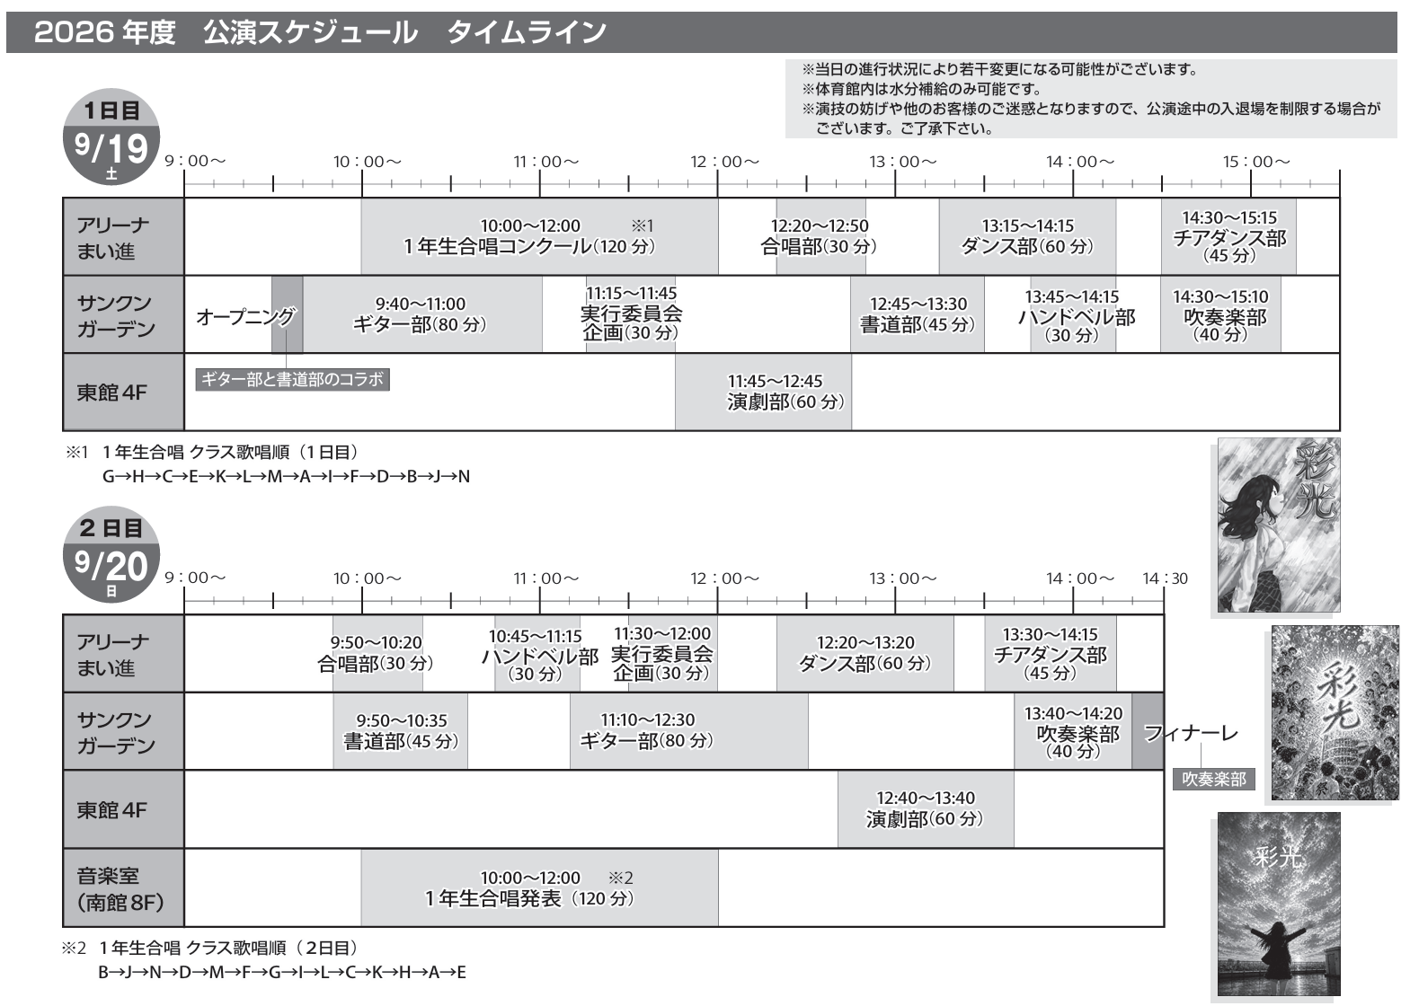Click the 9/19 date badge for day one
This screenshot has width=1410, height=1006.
click(x=111, y=137)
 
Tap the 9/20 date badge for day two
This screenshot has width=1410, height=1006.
click(x=111, y=554)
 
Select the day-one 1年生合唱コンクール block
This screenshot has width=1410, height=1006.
click(x=539, y=236)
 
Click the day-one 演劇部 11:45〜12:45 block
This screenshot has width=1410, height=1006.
click(x=764, y=392)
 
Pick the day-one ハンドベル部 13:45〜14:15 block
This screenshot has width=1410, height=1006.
click(x=1073, y=314)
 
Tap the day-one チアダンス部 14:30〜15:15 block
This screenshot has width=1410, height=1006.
click(x=1228, y=236)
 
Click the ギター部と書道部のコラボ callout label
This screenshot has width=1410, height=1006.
click(x=293, y=379)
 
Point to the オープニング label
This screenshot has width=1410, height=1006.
click(x=245, y=316)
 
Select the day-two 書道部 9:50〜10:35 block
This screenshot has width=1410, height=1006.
click(x=400, y=731)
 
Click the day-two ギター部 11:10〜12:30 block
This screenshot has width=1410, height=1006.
click(x=689, y=731)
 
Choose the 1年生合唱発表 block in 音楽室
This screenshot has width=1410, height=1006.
click(x=539, y=887)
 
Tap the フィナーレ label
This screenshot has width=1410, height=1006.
click(x=1191, y=733)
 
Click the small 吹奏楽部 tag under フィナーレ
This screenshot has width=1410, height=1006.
click(x=1213, y=780)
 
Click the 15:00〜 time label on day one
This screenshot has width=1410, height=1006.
click(x=1256, y=162)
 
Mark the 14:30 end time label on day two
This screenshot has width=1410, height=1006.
click(x=1166, y=578)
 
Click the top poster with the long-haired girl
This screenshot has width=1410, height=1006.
click(x=1279, y=525)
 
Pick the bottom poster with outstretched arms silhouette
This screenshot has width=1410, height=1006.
click(x=1279, y=904)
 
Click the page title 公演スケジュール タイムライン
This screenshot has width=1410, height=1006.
click(x=404, y=32)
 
